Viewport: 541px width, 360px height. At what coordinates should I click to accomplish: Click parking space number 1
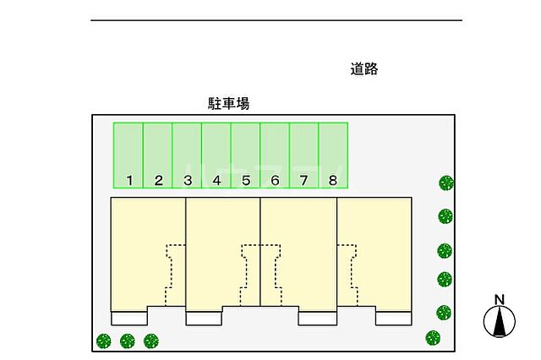(x=128, y=155)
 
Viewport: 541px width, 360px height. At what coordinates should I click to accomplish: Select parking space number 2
(x=158, y=155)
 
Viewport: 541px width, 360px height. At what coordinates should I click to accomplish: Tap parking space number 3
(x=187, y=155)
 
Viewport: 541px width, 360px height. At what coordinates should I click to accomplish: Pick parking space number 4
(x=216, y=155)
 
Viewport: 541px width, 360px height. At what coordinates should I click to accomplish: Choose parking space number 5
(x=245, y=155)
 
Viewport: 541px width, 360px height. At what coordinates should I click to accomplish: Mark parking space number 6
(x=275, y=155)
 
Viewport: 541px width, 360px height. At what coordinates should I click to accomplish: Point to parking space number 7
(x=304, y=155)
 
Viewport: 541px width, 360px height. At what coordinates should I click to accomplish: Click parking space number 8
(x=333, y=155)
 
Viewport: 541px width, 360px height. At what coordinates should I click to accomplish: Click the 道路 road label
(x=364, y=69)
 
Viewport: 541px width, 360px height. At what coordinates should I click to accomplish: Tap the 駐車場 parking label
(x=229, y=104)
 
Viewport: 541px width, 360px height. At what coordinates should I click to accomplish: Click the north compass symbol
(x=500, y=321)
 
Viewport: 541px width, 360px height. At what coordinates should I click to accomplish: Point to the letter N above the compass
(x=500, y=298)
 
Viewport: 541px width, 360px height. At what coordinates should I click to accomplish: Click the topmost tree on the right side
(x=445, y=182)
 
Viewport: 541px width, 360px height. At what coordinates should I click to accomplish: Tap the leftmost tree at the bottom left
(x=103, y=341)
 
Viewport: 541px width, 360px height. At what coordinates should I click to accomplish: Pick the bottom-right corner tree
(x=434, y=337)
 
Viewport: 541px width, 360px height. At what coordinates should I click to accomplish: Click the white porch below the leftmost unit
(x=128, y=318)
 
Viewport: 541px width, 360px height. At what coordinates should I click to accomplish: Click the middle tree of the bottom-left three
(x=128, y=341)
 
